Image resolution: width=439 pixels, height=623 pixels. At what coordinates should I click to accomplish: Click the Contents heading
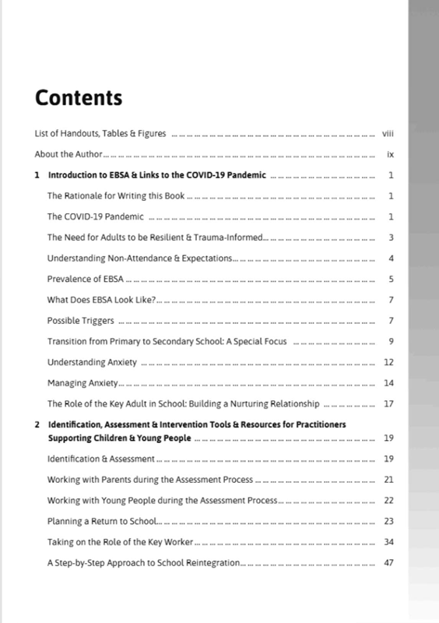point(79,99)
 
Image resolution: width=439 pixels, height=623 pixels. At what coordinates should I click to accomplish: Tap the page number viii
point(390,134)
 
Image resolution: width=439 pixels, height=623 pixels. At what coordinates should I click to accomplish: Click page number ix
point(390,154)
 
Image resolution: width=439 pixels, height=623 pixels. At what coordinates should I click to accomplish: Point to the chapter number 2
point(37,424)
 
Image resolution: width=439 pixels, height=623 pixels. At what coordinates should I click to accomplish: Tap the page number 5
point(392,278)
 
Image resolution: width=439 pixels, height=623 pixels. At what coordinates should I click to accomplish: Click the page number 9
point(392,341)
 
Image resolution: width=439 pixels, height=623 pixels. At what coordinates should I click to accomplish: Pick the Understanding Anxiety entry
point(93,362)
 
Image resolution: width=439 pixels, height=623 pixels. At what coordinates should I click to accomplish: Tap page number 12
point(390,362)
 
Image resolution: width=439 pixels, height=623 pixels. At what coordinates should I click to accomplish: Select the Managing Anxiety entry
point(82,382)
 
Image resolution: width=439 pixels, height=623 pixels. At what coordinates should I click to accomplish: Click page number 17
point(390,403)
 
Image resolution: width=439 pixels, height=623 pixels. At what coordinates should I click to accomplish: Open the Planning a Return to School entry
point(102,521)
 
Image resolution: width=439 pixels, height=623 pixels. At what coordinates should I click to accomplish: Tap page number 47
point(390,562)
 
